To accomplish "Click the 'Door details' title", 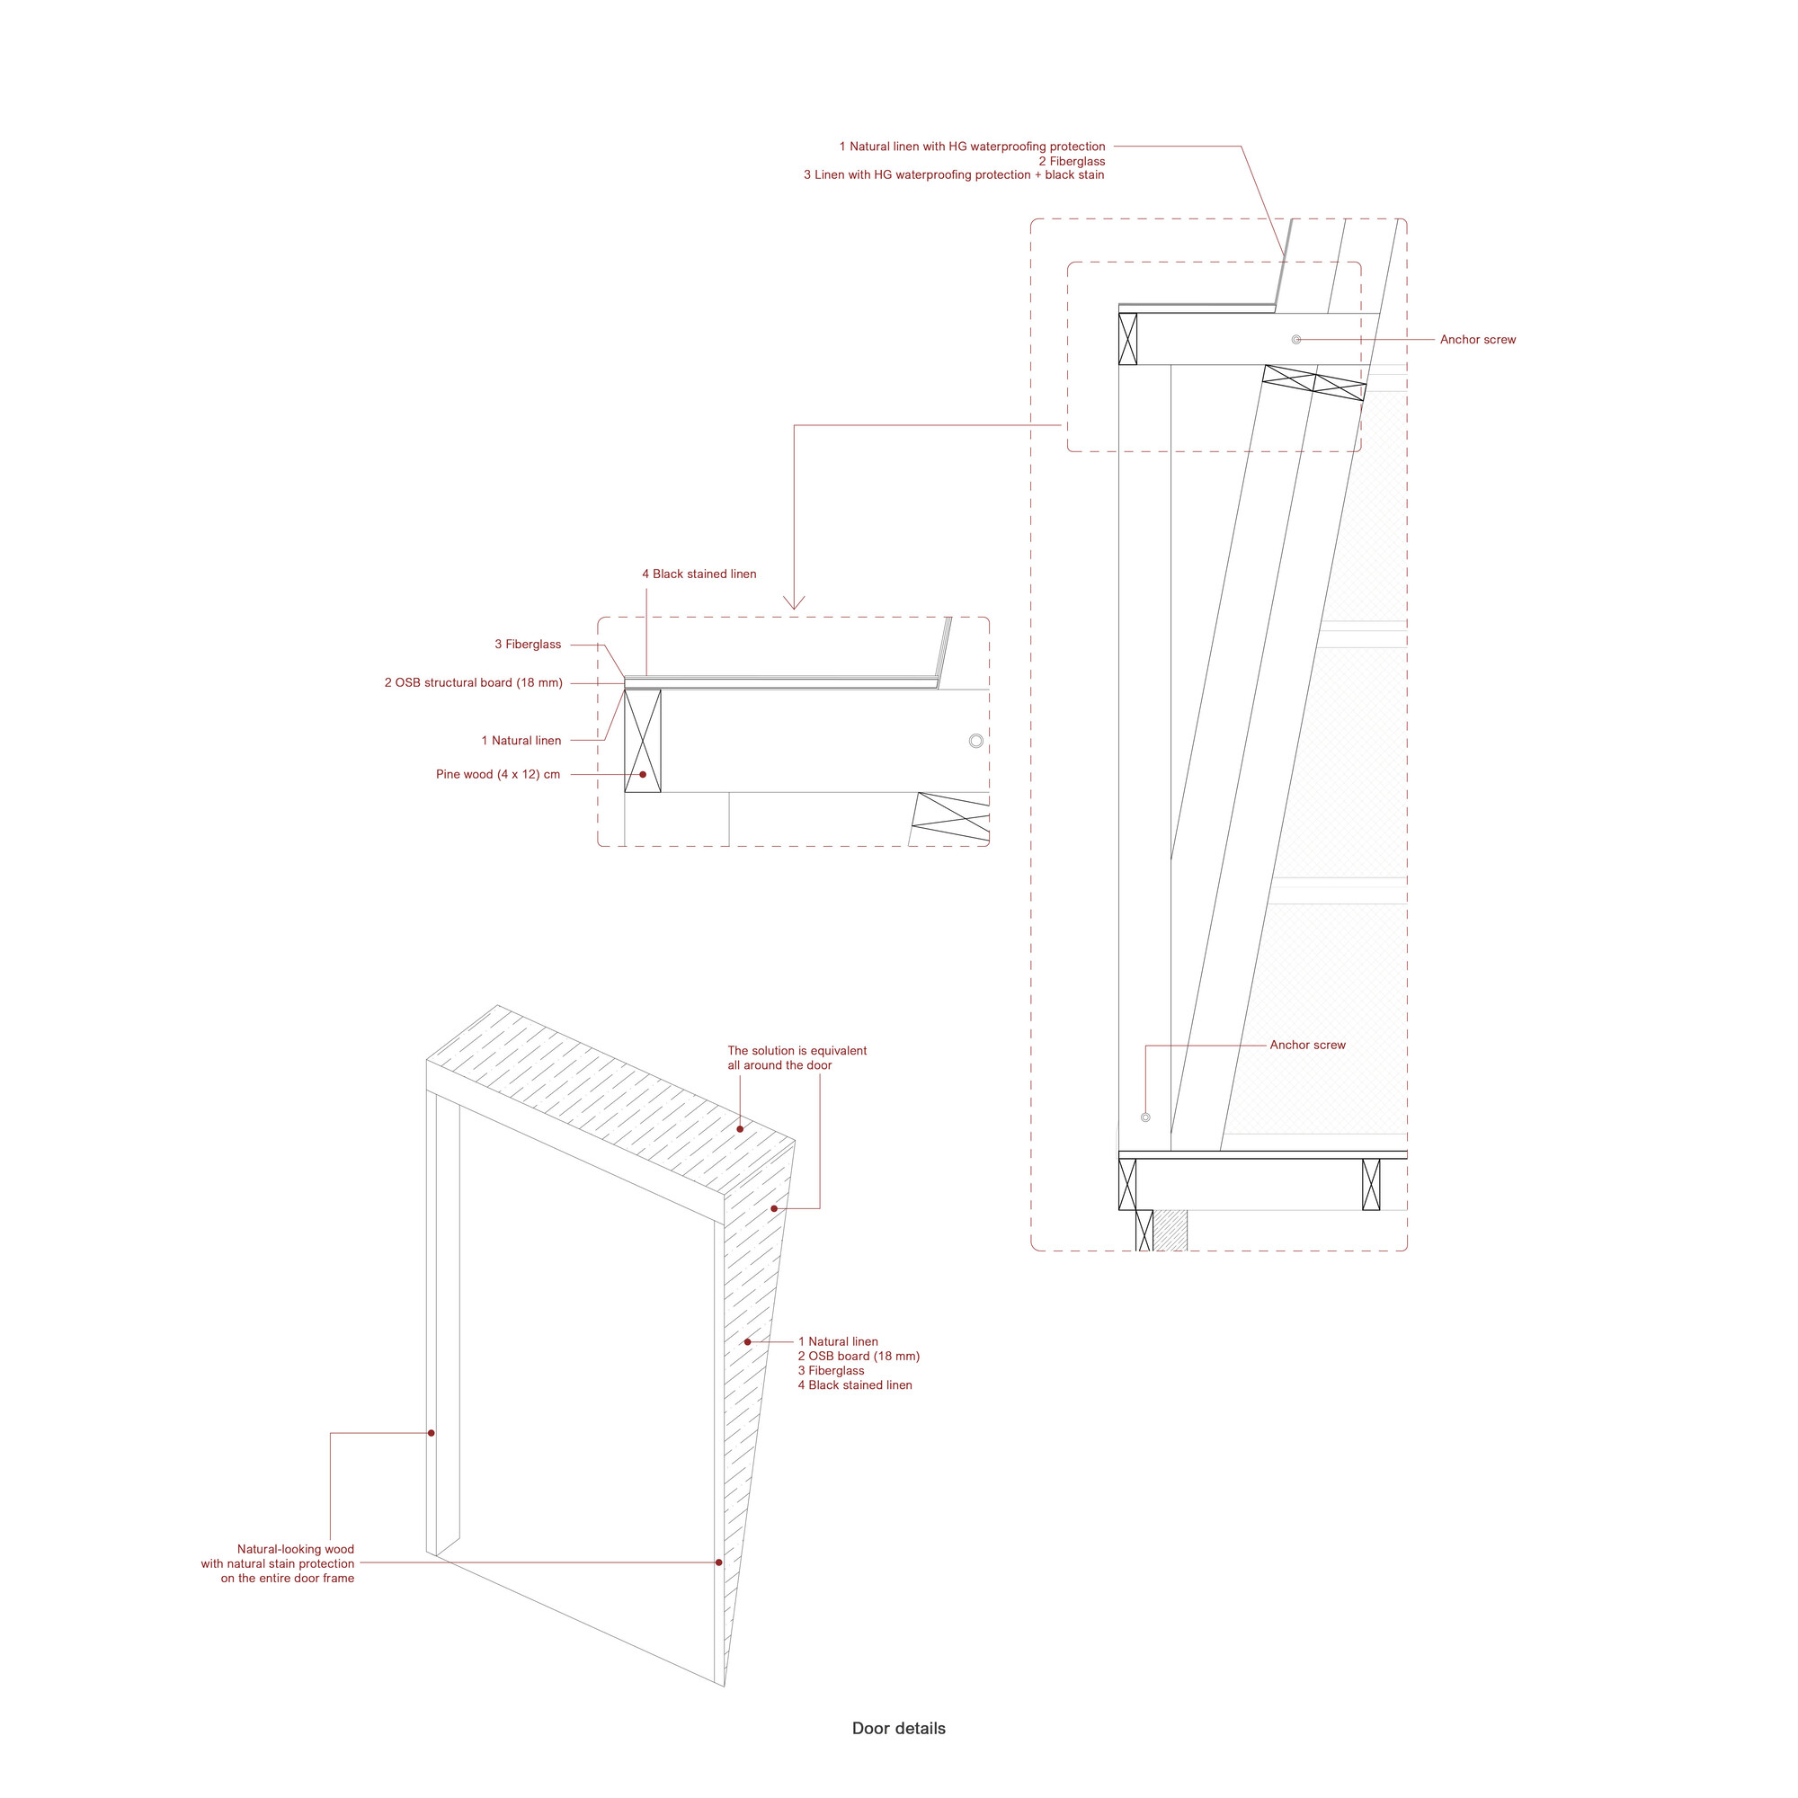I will tap(898, 1728).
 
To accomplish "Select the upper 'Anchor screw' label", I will tap(1477, 340).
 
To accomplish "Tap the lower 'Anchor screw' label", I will tap(1307, 1046).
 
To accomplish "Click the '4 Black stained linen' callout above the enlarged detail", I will tap(699, 574).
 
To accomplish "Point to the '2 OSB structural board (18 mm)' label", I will tap(474, 683).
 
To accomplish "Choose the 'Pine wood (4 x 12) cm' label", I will tap(498, 774).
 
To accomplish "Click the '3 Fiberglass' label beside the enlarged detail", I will tap(528, 644).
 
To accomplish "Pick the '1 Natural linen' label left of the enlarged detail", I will tap(521, 741).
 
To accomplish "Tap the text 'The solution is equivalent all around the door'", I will tap(797, 1058).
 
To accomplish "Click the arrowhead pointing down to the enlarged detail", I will tap(794, 603).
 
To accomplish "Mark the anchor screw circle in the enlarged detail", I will tap(975, 741).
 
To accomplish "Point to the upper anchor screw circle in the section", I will tap(1296, 340).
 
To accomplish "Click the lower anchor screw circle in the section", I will tap(1145, 1117).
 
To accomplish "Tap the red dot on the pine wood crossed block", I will tap(642, 774).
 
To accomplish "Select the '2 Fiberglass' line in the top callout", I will tap(1072, 161).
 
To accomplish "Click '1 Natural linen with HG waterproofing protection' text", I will tap(972, 147).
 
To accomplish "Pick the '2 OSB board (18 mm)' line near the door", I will tap(858, 1356).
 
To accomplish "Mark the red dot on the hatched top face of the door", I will tap(740, 1130).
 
